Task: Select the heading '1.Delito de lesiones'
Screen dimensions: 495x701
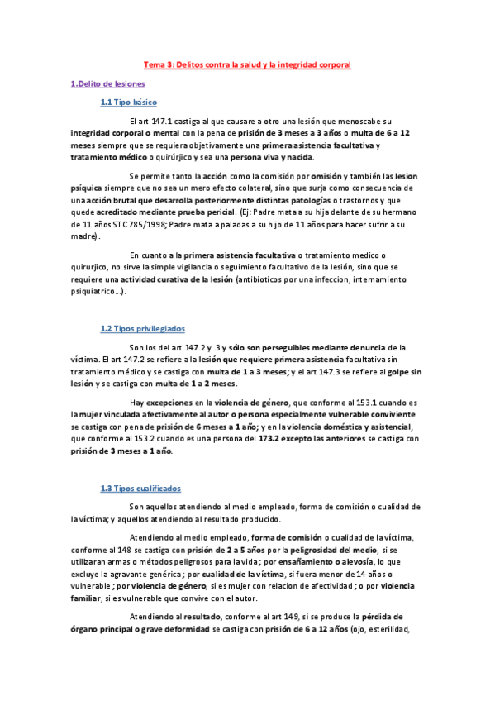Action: (107, 83)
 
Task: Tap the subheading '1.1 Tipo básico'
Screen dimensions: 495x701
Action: (128, 103)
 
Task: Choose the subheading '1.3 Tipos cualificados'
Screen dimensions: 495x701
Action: (140, 489)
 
